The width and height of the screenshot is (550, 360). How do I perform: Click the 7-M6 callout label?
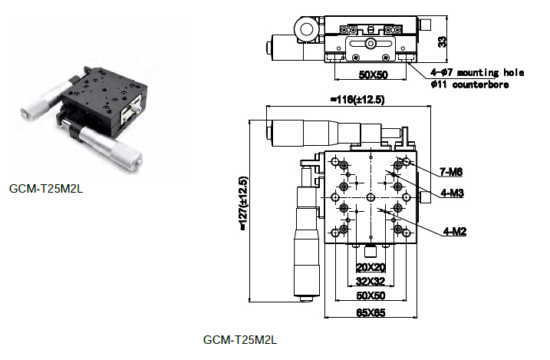coord(451,172)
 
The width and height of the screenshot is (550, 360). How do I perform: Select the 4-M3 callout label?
coord(453,193)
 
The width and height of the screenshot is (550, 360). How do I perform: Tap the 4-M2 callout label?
coord(455,231)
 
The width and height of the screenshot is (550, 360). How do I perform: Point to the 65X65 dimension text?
coord(371,312)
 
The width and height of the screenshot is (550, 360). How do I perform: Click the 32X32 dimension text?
coord(371,282)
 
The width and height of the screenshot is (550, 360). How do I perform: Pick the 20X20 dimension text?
coord(371,267)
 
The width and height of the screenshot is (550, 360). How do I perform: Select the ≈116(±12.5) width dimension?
coord(357,100)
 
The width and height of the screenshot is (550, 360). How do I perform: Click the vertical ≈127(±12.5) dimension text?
coord(243,203)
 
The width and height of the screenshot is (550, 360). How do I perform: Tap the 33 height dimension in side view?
coord(443,41)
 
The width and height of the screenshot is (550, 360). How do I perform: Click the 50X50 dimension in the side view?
coord(374,74)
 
